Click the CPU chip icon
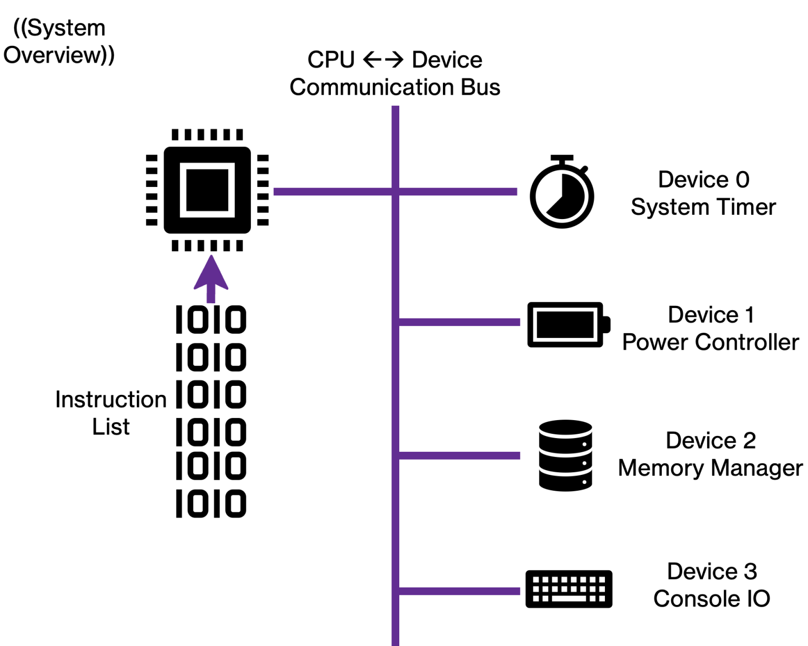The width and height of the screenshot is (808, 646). pos(207,190)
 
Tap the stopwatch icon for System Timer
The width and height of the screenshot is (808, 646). pos(562,193)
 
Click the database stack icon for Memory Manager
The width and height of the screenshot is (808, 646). pos(565,455)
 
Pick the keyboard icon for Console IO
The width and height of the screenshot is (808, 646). pos(569,589)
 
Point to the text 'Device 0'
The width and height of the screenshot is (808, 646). pos(703,180)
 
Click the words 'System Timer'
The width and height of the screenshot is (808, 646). pos(703,207)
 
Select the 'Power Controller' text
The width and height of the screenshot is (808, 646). pos(710,342)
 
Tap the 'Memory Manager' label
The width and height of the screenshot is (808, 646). pos(710,468)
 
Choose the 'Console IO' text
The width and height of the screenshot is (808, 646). pos(711,599)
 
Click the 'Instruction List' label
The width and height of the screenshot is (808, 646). pos(111,413)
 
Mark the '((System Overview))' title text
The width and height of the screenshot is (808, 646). pos(59,42)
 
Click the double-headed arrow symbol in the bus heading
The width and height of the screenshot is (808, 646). pos(383,59)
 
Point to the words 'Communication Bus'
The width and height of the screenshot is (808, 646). pos(395,87)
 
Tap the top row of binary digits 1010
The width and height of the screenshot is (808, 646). pos(211,320)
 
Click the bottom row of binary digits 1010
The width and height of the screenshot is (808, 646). pos(211,503)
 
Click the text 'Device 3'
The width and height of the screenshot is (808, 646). pos(712,571)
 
